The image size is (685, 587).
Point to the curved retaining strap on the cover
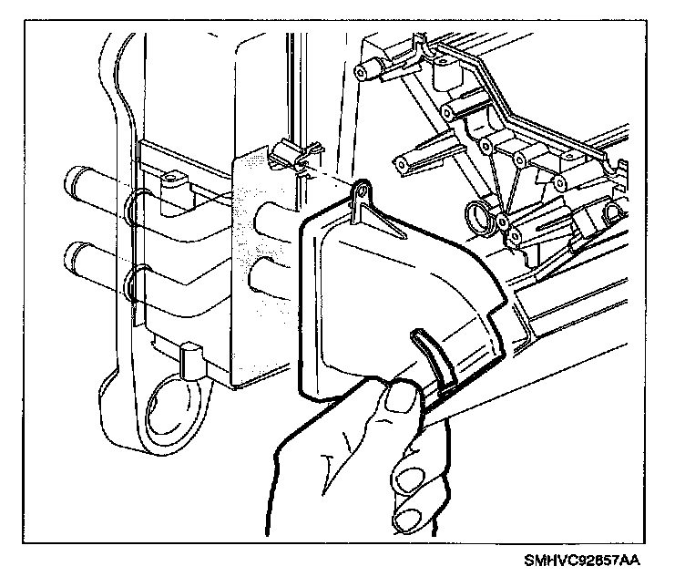tap(435, 360)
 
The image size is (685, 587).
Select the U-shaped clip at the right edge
tap(623, 167)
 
